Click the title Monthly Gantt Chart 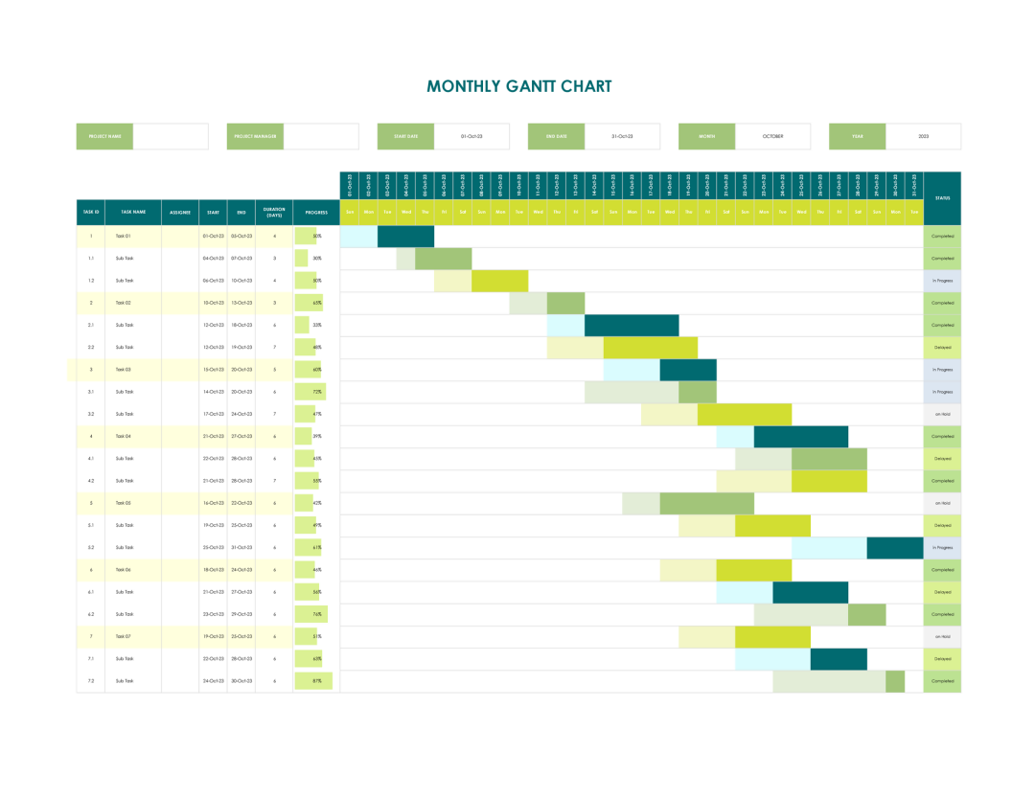point(518,86)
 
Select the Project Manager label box point(256,137)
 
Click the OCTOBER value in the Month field point(772,137)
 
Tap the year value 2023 point(923,137)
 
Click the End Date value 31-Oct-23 point(622,137)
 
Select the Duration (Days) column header point(274,212)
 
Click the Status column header point(942,198)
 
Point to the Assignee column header point(180,212)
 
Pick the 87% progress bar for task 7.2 point(313,681)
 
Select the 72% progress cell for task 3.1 point(310,392)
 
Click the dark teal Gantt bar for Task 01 point(405,236)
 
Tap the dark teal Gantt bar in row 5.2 point(894,548)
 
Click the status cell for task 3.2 point(942,414)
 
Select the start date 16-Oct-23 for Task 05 point(212,503)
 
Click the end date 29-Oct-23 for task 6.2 point(241,614)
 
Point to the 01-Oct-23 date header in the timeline point(350,185)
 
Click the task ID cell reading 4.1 point(91,459)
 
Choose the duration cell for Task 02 point(274,303)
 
